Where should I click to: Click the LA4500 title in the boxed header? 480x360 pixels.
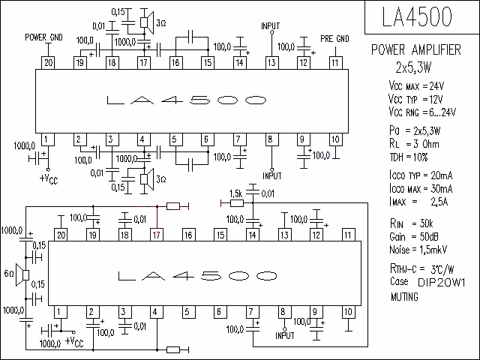(417, 16)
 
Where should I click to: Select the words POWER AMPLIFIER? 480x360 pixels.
(416, 49)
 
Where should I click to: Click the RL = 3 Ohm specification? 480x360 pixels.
(414, 144)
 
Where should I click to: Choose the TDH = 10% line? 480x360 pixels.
(408, 157)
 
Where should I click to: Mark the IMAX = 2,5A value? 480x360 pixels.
(418, 202)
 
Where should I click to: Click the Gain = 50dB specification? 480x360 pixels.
(413, 237)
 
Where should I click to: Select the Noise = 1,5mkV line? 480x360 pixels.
(418, 250)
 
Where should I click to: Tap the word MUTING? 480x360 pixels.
(404, 297)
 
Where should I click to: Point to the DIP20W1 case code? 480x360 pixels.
(442, 283)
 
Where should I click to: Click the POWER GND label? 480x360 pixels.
(43, 37)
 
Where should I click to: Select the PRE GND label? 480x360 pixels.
(334, 39)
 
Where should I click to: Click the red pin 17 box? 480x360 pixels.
(157, 235)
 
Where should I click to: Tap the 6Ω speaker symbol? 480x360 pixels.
(22, 275)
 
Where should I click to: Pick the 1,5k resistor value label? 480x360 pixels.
(235, 193)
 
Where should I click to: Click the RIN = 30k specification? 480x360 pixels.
(412, 223)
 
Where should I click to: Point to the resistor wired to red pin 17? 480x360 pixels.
(173, 207)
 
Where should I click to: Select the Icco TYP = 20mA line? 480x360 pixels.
(421, 175)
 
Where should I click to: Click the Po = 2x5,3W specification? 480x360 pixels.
(415, 130)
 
